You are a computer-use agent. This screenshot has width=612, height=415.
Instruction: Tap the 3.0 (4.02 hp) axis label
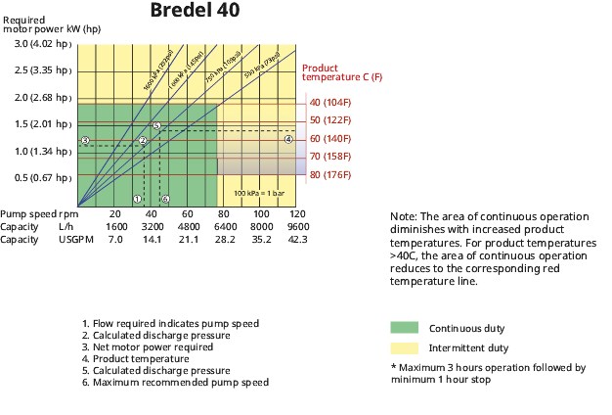click(x=43, y=44)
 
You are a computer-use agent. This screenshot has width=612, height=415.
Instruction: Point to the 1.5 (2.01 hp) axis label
click(x=43, y=124)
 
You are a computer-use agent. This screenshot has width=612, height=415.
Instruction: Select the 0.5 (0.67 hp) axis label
click(x=43, y=177)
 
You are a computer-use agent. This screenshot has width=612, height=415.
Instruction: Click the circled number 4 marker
click(x=288, y=140)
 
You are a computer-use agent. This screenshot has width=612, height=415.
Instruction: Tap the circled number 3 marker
click(x=85, y=141)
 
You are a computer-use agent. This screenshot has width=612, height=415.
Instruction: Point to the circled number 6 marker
click(x=165, y=199)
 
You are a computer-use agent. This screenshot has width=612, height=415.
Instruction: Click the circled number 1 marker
click(x=137, y=199)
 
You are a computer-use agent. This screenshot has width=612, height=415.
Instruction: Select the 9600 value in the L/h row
click(x=298, y=226)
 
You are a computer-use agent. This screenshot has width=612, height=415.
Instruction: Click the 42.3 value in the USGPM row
click(x=298, y=239)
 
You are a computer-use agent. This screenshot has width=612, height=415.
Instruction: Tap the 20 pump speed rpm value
click(x=114, y=213)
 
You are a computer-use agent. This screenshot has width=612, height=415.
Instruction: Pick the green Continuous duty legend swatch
click(x=404, y=328)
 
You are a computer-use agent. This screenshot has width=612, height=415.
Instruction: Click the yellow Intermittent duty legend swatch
click(x=404, y=347)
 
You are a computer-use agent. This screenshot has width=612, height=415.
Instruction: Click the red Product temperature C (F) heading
click(x=341, y=72)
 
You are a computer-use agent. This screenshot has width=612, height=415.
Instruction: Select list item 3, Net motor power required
click(x=148, y=346)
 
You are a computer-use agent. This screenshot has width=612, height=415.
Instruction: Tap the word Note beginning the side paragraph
click(x=402, y=216)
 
